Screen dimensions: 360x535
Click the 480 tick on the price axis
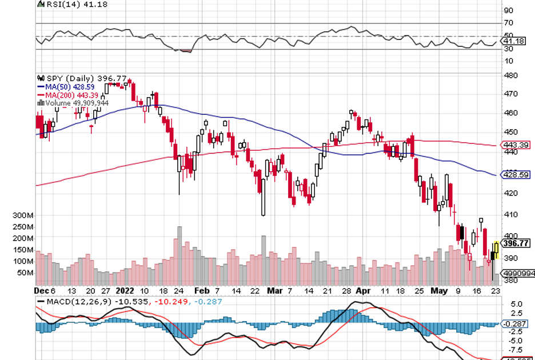click(x=510, y=75)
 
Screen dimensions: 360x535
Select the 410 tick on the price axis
click(x=510, y=214)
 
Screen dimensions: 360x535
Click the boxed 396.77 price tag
click(x=516, y=243)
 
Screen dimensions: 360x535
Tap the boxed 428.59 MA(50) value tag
click(x=516, y=174)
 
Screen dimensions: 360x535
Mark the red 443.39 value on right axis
click(x=516, y=145)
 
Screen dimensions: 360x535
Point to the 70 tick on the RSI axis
click(x=509, y=23)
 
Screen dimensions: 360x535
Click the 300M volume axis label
click(x=23, y=215)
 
